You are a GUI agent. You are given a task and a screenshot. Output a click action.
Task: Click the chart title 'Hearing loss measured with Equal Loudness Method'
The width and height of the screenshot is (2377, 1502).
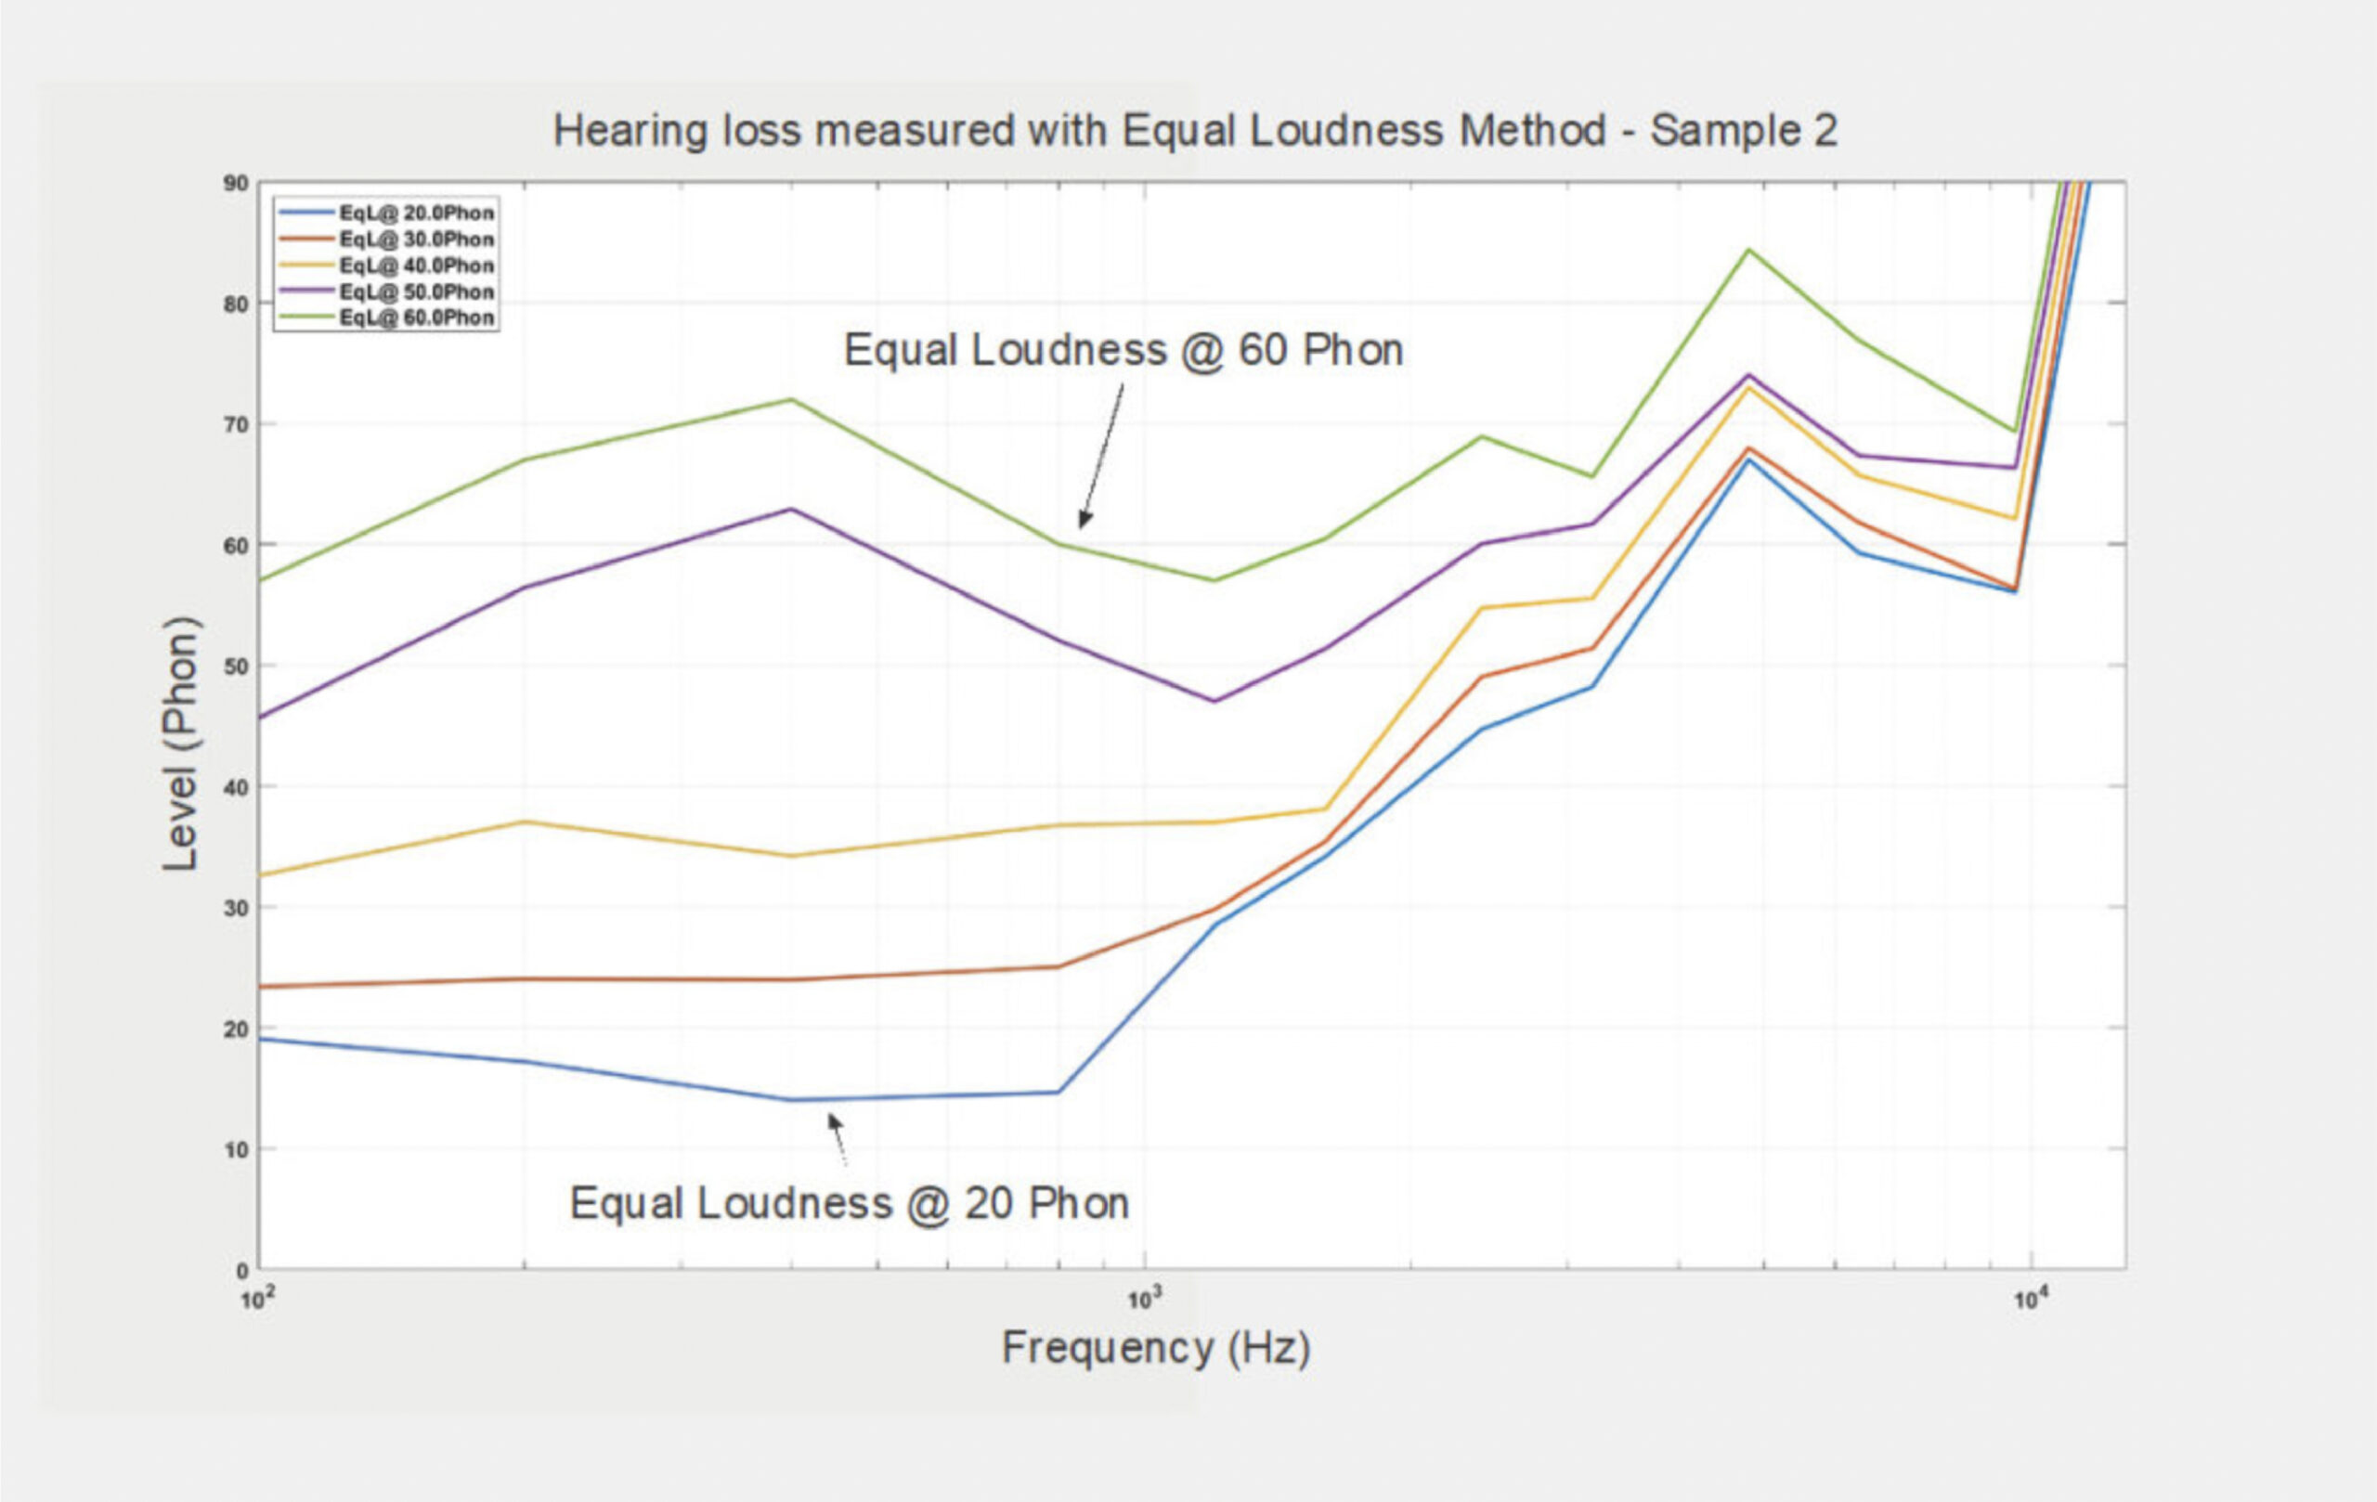[x=1194, y=131]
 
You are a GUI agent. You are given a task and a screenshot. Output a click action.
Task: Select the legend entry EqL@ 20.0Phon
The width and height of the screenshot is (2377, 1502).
[x=416, y=214]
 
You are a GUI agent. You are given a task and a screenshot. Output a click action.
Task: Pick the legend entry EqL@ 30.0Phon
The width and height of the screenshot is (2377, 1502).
[x=416, y=240]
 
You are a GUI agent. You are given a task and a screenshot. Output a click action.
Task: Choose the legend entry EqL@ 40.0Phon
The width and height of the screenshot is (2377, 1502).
[x=416, y=265]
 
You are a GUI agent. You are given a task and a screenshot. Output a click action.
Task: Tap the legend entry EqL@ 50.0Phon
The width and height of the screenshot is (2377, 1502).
[x=416, y=292]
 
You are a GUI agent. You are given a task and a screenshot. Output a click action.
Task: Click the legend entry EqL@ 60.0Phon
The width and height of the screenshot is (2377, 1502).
[x=416, y=317]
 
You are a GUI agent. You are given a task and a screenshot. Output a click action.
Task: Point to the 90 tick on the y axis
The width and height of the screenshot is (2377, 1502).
[x=236, y=184]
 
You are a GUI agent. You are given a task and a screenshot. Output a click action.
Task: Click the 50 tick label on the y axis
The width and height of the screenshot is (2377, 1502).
[x=236, y=667]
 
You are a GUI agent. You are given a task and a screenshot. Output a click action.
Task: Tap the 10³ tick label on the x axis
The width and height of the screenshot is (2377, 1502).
[x=1142, y=1300]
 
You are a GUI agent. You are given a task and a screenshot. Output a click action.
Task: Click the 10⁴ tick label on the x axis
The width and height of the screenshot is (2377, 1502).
[x=2029, y=1300]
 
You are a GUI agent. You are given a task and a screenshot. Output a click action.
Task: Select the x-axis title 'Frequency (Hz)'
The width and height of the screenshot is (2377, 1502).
[x=1156, y=1348]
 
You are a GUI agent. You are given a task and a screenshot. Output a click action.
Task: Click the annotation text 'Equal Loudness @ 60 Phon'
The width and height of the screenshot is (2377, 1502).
[x=1124, y=350]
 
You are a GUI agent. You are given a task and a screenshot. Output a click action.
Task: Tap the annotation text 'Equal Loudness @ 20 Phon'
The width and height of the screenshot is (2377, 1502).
[x=849, y=1204]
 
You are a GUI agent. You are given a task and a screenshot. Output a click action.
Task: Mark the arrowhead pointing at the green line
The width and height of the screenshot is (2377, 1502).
[x=1084, y=520]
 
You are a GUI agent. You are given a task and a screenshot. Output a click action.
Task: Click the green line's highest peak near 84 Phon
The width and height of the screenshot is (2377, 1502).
[x=1748, y=250]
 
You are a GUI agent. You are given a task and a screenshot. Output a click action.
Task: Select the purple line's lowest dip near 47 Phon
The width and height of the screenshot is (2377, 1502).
[x=1214, y=702]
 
